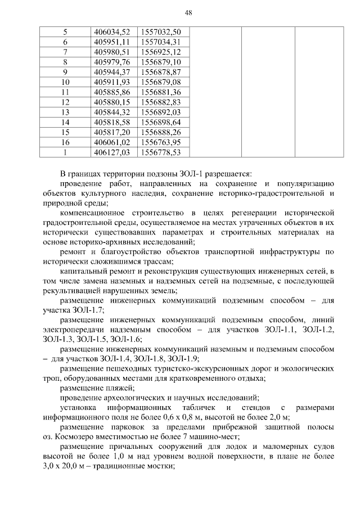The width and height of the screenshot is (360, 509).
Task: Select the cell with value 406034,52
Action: pos(112,32)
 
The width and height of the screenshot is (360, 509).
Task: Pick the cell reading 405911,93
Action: pos(112,82)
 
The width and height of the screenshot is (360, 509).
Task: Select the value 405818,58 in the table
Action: pos(112,122)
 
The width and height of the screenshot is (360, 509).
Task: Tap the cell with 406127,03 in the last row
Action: pos(112,152)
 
